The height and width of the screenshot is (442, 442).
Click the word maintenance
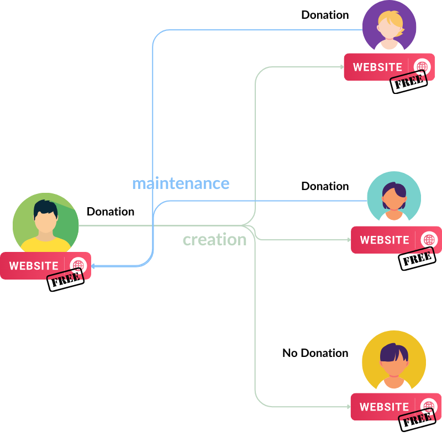coord(180,183)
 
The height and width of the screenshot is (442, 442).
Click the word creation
coord(214,240)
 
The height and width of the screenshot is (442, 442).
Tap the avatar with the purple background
coord(389,27)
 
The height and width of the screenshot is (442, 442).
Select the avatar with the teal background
coord(394,198)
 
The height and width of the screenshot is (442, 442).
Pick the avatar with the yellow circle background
coord(394,362)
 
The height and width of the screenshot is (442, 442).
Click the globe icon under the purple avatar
coord(422,67)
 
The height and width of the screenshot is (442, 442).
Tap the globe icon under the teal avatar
coord(429,240)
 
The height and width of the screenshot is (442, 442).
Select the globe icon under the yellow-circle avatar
coord(429,407)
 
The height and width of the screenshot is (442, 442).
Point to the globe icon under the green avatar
coord(78,265)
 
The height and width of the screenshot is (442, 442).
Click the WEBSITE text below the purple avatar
coord(377,67)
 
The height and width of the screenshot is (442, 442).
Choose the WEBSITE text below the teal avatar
coord(385,240)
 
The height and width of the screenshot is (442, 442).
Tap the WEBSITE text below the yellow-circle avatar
coord(384,407)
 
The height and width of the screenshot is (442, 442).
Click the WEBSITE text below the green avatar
coord(34,266)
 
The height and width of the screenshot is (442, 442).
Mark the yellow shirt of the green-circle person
coord(46,245)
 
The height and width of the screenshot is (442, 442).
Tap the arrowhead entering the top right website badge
coord(343,67)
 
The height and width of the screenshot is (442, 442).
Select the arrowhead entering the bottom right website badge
coord(349,407)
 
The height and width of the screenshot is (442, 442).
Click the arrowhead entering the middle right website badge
coord(349,240)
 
